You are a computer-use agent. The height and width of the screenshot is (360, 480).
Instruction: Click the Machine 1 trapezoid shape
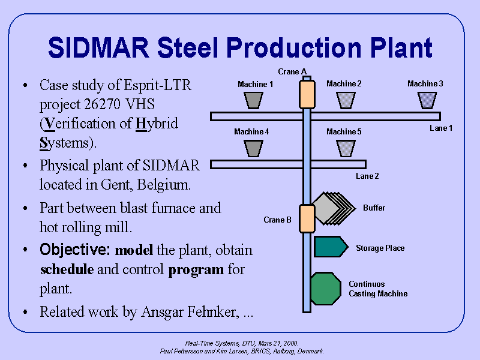(x=254, y=100)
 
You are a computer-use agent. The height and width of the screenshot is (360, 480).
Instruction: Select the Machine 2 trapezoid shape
(x=346, y=100)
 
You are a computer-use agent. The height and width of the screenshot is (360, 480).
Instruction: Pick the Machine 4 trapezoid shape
(x=254, y=148)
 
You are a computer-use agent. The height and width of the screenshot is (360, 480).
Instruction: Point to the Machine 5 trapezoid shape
(x=346, y=148)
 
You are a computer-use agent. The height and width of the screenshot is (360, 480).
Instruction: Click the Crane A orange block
(x=307, y=94)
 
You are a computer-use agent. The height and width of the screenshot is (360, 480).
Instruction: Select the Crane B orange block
(x=307, y=218)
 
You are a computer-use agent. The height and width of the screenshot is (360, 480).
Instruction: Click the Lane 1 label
(x=441, y=128)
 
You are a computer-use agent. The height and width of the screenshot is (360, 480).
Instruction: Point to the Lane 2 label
(x=367, y=176)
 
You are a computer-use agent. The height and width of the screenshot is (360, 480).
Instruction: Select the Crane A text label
(x=292, y=72)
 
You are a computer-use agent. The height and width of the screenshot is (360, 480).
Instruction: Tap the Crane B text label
(x=278, y=220)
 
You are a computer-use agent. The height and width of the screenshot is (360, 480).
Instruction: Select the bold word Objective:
(x=75, y=250)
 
